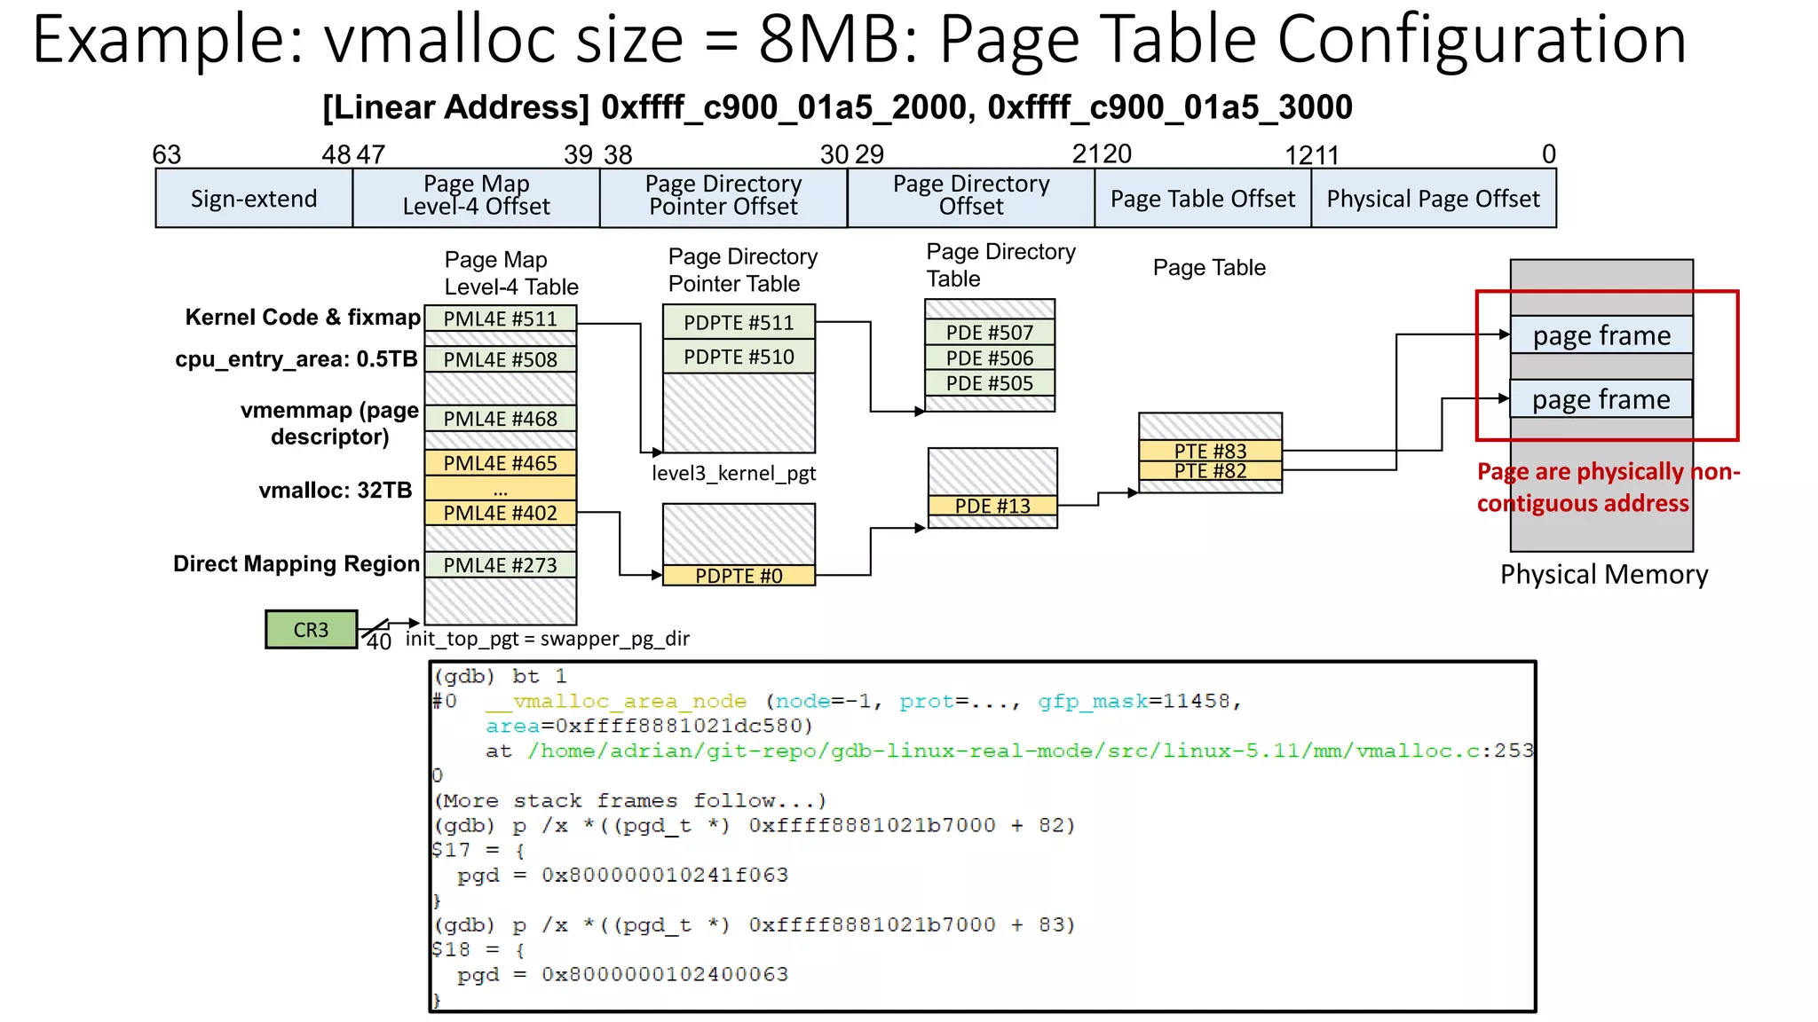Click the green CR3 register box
[311, 629]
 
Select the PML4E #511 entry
[500, 319]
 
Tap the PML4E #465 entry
[500, 463]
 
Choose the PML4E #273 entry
[500, 565]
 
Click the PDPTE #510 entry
[739, 357]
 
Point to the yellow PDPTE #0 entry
[739, 576]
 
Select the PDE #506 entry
[990, 358]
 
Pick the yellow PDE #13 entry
[992, 506]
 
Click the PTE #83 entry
[1210, 451]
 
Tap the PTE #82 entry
[1210, 471]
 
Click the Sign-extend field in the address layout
[254, 199]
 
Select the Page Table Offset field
[1203, 199]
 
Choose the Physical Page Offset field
[1433, 199]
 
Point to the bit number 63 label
[167, 154]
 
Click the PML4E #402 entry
[500, 513]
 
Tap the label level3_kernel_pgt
[733, 473]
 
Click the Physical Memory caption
[1603, 575]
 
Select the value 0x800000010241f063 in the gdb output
[665, 875]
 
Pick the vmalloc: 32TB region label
[336, 491]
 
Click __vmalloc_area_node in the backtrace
[616, 701]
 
